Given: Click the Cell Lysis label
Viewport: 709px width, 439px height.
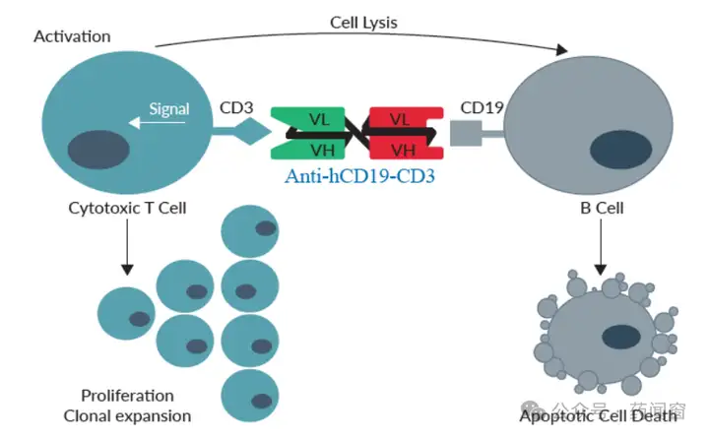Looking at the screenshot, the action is pyautogui.click(x=363, y=23).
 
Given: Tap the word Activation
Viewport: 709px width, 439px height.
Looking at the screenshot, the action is pyautogui.click(x=72, y=36).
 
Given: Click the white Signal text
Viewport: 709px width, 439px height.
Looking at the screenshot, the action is pyautogui.click(x=169, y=109).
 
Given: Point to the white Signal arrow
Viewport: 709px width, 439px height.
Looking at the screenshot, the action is pyautogui.click(x=157, y=122).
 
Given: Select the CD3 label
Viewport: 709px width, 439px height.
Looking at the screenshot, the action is pyautogui.click(x=236, y=107).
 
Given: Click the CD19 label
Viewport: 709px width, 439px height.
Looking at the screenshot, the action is pyautogui.click(x=482, y=107).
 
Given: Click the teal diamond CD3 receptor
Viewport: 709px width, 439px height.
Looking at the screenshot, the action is pyautogui.click(x=250, y=131).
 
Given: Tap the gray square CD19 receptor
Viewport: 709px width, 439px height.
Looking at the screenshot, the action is pyautogui.click(x=466, y=133).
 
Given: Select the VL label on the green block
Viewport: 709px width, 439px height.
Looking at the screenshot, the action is pyautogui.click(x=319, y=120).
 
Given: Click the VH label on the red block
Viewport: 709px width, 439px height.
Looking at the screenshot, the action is pyautogui.click(x=403, y=151).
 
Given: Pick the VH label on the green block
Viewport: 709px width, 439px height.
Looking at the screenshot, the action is pyautogui.click(x=322, y=151).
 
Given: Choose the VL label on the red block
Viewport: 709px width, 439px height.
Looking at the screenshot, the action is pyautogui.click(x=400, y=120).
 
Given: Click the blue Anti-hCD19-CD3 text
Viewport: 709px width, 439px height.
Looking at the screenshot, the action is pyautogui.click(x=360, y=176).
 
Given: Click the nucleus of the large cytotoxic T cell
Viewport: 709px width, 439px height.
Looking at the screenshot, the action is pyautogui.click(x=98, y=150).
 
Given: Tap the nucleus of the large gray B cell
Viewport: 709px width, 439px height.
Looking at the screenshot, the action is pyautogui.click(x=620, y=150).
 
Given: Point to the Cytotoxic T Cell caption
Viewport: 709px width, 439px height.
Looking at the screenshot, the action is pyautogui.click(x=127, y=208).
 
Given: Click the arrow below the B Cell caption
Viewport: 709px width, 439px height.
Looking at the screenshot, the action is pyautogui.click(x=601, y=247).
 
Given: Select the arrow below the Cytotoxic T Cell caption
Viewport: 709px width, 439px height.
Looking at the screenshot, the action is pyautogui.click(x=127, y=247).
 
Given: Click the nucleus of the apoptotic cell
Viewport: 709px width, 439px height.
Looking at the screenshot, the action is pyautogui.click(x=621, y=338).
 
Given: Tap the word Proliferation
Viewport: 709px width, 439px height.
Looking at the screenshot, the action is pyautogui.click(x=127, y=396).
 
